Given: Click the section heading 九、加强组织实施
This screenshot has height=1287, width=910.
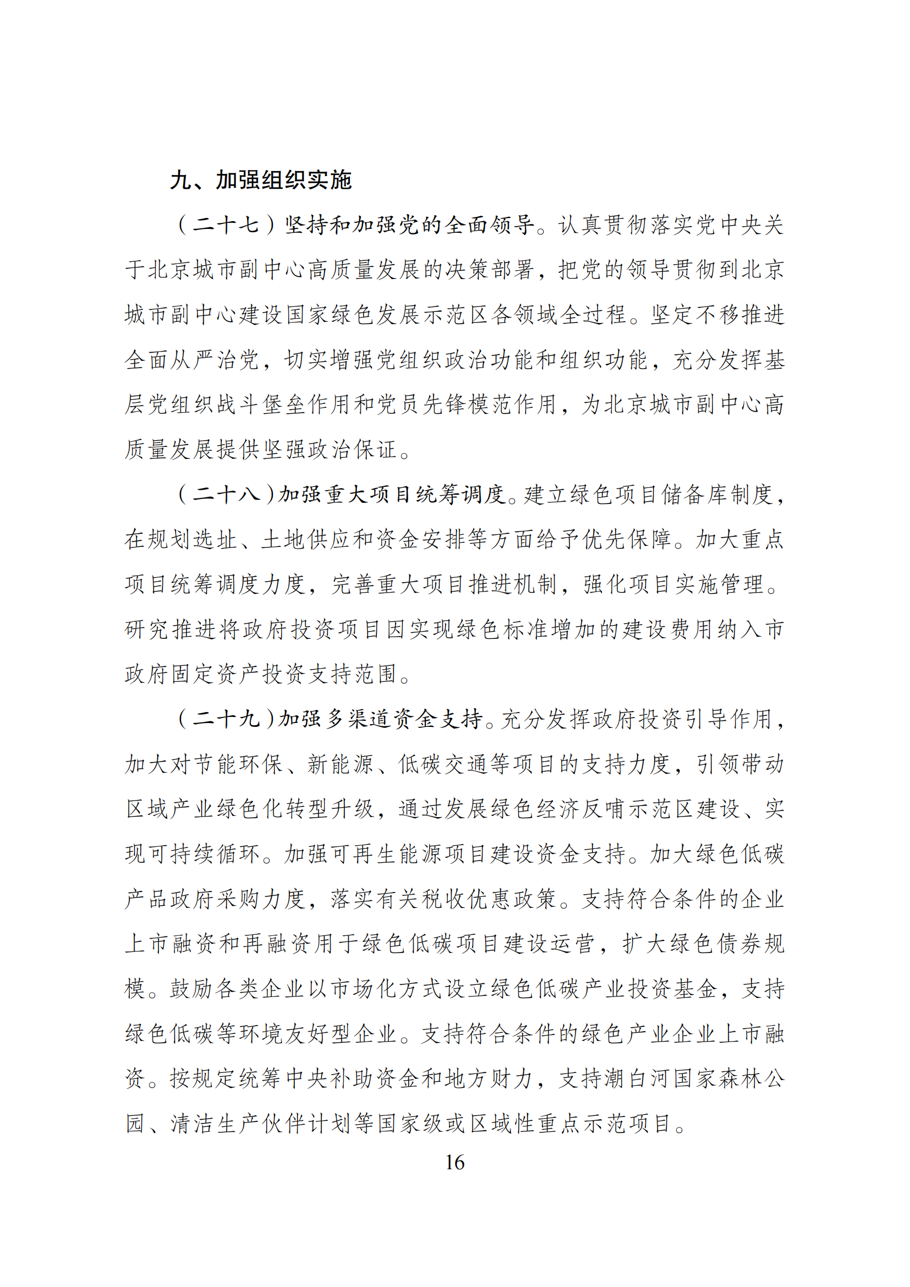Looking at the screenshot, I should [261, 180].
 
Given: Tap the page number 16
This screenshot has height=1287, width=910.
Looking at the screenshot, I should [454, 1162].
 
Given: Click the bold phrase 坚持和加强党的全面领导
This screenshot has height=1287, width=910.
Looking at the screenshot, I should [410, 225].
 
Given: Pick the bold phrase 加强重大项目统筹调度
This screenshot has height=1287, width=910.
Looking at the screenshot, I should [392, 495].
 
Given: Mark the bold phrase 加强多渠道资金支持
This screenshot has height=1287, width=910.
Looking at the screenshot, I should [381, 719].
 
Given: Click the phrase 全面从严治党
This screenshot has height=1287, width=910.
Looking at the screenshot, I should [191, 359].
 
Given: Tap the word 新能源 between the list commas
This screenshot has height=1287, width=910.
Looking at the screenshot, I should [340, 764].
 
